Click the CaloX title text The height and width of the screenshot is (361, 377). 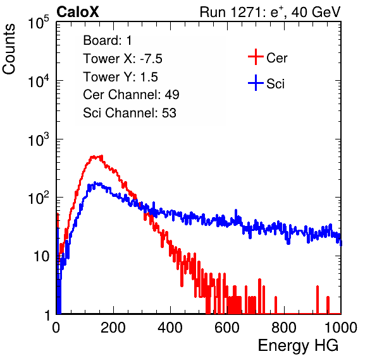(x=78, y=12)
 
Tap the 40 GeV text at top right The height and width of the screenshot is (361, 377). (x=316, y=12)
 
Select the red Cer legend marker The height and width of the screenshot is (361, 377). (x=256, y=57)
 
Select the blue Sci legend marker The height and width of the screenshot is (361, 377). (x=256, y=83)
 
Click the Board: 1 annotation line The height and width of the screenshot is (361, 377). (x=108, y=40)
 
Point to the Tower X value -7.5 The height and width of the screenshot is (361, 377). (x=151, y=59)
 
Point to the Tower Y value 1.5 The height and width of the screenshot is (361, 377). (x=149, y=77)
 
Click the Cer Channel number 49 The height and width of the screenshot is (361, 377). (x=172, y=95)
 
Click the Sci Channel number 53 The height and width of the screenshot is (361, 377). (x=169, y=113)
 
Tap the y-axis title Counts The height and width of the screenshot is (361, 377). (x=9, y=49)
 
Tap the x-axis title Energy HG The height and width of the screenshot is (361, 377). (x=298, y=345)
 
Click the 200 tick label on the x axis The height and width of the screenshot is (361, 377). (x=113, y=328)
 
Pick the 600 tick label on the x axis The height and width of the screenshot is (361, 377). (x=227, y=328)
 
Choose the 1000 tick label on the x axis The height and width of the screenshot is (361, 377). (x=341, y=328)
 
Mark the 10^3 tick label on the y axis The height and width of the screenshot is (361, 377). (x=39, y=139)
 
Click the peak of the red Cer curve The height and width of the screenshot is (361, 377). (x=96, y=157)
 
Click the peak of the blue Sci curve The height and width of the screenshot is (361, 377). (x=96, y=183)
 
